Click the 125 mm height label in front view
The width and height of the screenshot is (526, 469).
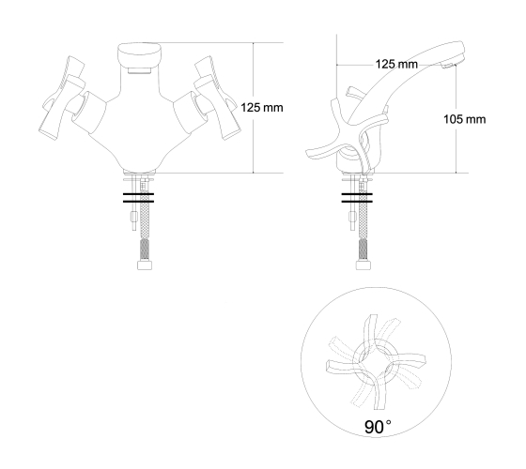pyautogui.click(x=262, y=108)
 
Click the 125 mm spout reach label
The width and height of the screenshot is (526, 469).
pyautogui.click(x=396, y=64)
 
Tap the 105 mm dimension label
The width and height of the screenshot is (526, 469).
pyautogui.click(x=465, y=119)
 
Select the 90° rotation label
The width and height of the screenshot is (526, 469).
pyautogui.click(x=378, y=427)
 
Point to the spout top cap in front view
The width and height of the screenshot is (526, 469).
pyautogui.click(x=140, y=54)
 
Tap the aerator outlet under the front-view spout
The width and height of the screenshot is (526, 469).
pyautogui.click(x=140, y=70)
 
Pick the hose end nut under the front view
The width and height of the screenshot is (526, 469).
pyautogui.click(x=145, y=265)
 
